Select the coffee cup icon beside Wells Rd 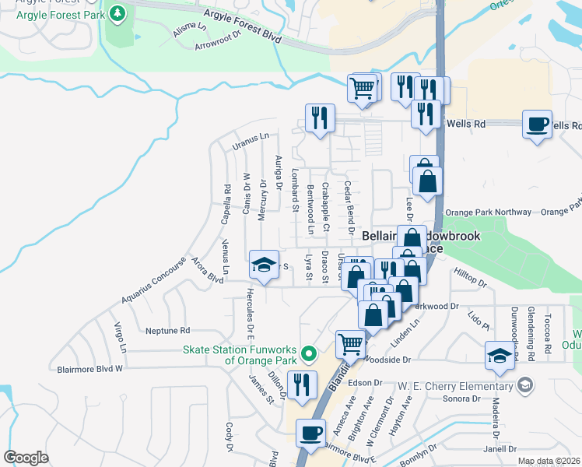537,125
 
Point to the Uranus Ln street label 250,140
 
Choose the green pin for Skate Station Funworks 309,353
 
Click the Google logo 26,457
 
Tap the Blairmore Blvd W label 89,368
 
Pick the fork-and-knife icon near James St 301,384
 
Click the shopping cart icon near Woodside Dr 350,342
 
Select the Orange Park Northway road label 488,212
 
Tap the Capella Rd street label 226,204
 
